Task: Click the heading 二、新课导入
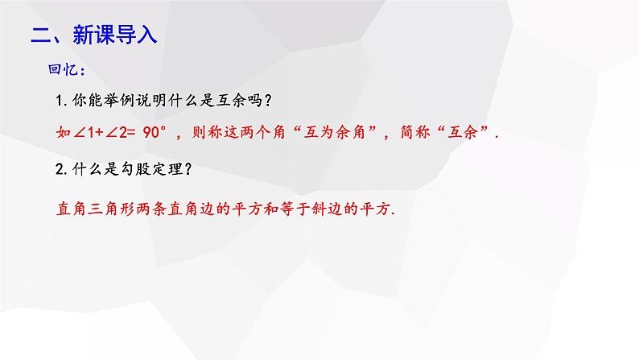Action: [93, 35]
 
